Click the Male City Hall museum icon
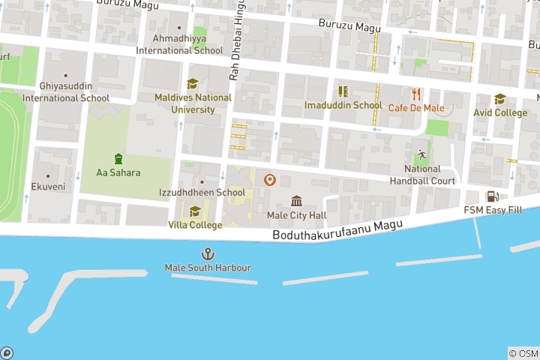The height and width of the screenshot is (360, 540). click(x=296, y=201)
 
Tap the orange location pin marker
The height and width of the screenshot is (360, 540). click(x=270, y=181)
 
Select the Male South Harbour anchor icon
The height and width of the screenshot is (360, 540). click(x=208, y=254)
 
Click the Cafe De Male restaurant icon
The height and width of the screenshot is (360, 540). click(x=416, y=94)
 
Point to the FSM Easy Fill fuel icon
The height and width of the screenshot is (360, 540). click(x=493, y=196)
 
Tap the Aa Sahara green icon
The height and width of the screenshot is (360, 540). click(x=118, y=158)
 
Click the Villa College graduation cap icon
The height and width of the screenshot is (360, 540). click(x=195, y=211)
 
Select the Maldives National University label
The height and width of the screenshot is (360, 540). click(x=193, y=103)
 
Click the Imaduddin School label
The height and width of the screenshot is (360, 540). click(x=343, y=106)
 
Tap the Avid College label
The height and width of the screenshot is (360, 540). click(x=500, y=113)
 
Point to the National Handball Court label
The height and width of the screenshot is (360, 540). click(x=422, y=175)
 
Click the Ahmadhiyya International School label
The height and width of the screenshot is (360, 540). click(x=179, y=44)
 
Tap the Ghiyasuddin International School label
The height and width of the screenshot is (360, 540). click(x=66, y=92)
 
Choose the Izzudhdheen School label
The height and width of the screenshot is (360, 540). click(x=202, y=193)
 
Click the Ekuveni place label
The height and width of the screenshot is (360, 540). click(x=48, y=187)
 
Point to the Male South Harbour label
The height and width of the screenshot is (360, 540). click(x=208, y=268)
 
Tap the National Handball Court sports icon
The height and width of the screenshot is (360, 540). click(x=422, y=154)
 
